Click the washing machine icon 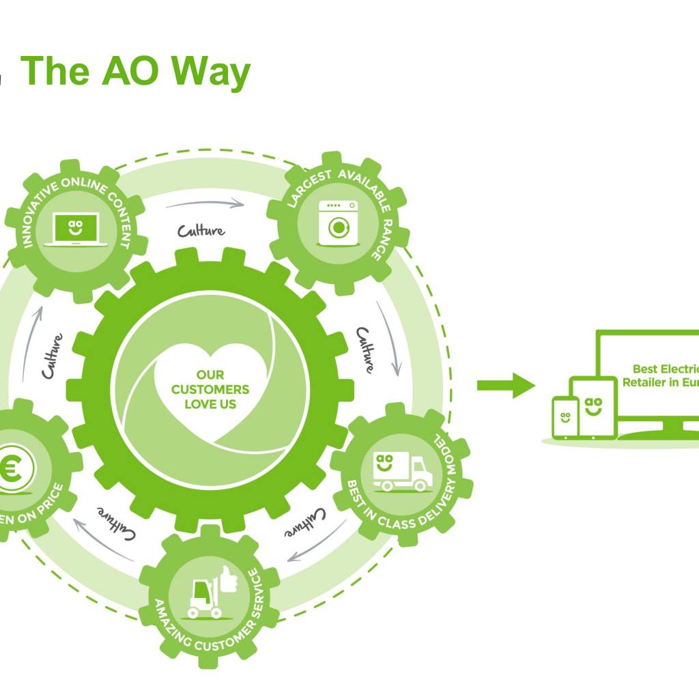pos(337,223)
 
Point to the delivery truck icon pos(402,470)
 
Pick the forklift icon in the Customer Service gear pos(203,596)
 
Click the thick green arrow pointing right pos(505,385)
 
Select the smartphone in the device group pos(565,417)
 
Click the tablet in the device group pos(593,408)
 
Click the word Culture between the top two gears pos(201,231)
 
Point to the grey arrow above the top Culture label pos(205,203)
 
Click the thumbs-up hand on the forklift pos(225,582)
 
